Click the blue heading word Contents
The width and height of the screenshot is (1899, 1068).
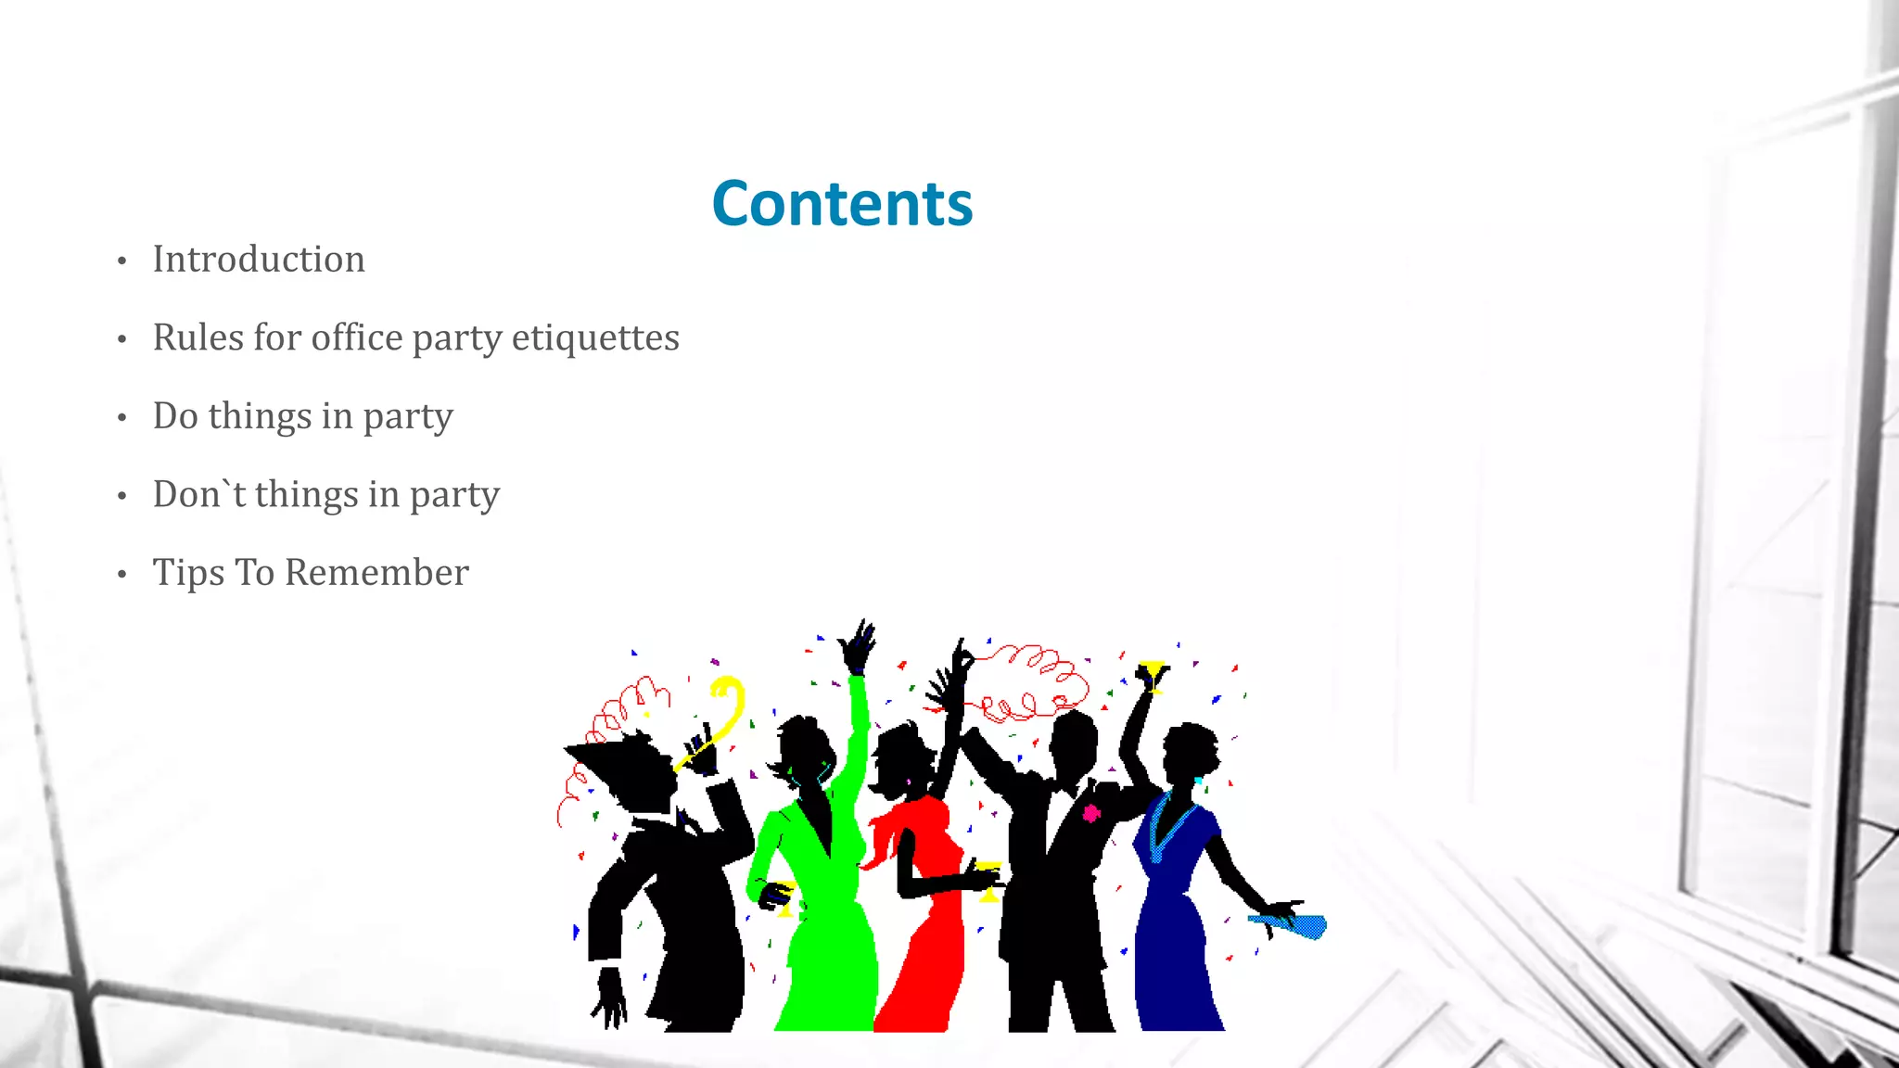[x=842, y=203]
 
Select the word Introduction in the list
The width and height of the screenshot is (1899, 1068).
[x=259, y=260]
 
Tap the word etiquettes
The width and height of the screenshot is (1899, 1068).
[x=595, y=338]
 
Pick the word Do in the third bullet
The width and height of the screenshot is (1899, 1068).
[x=175, y=416]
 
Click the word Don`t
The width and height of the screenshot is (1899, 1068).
[x=198, y=494]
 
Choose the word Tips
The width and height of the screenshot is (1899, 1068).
[x=188, y=574]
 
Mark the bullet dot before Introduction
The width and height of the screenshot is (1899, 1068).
[x=121, y=261]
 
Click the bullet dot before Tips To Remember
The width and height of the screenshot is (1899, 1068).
[x=121, y=575]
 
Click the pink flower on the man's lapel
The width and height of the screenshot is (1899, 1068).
[x=1091, y=813]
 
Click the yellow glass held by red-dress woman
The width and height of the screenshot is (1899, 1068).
[x=988, y=879]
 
